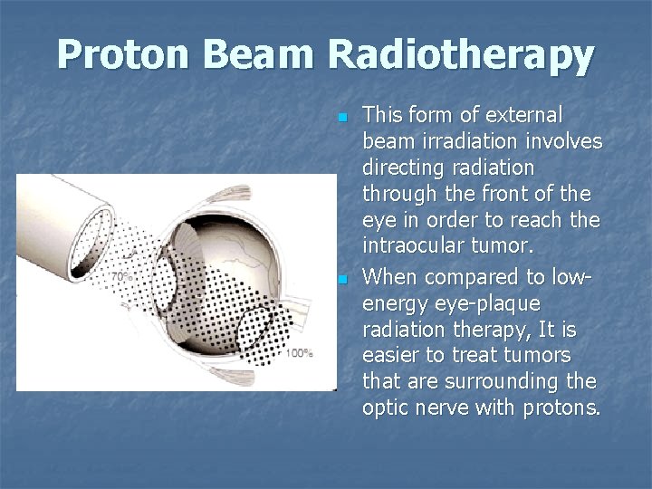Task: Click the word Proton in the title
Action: coord(127,55)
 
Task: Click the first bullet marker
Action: coord(341,119)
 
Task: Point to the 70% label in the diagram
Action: coord(120,275)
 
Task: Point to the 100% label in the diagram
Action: coord(299,353)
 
